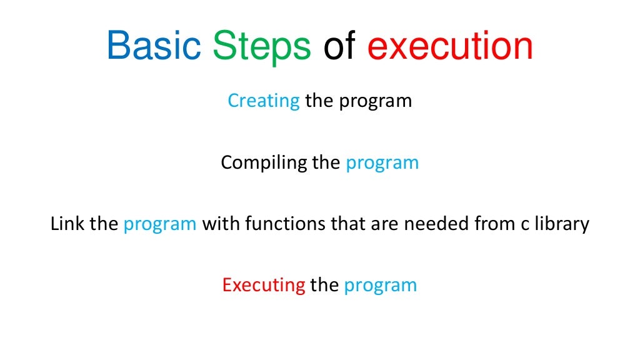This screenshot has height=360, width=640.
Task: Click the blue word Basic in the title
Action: [153, 46]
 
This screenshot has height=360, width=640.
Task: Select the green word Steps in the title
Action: [261, 46]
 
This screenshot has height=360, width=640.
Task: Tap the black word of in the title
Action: [339, 46]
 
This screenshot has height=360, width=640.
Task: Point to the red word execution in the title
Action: [450, 46]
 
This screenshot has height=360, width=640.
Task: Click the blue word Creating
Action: [263, 101]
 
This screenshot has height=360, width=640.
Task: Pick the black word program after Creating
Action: [376, 101]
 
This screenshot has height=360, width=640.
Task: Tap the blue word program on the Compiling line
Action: [382, 163]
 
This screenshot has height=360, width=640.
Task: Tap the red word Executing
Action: [264, 286]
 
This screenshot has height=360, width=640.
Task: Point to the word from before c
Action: [492, 224]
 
